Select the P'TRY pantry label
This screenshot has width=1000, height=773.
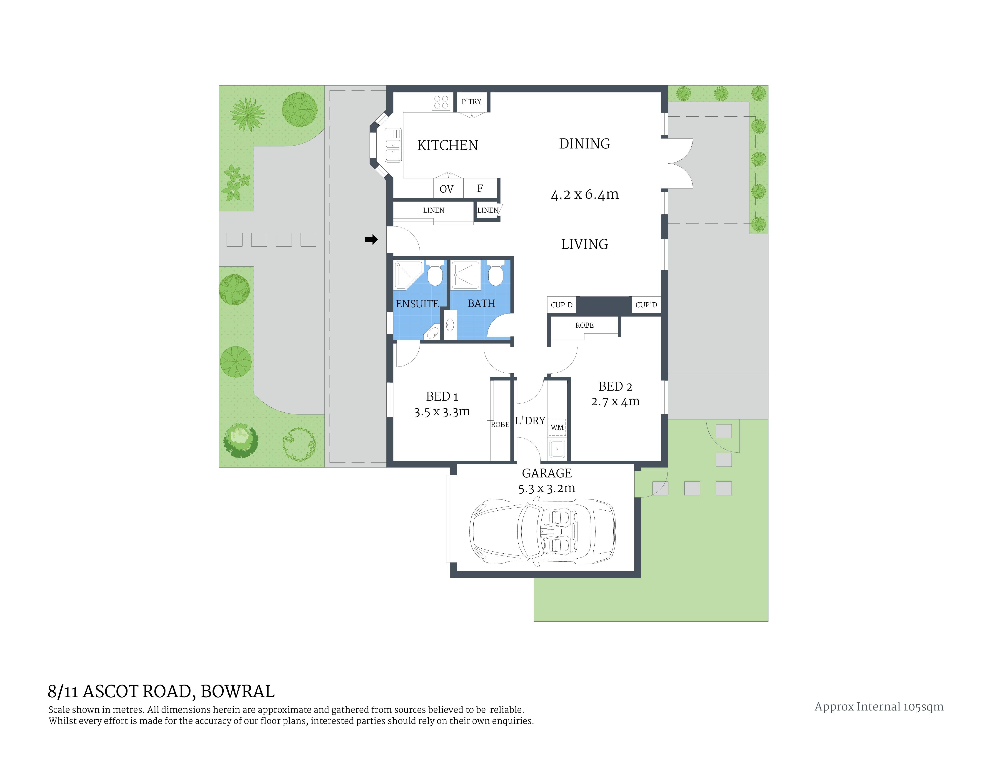coord(471,102)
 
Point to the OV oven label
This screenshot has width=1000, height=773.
coord(446,189)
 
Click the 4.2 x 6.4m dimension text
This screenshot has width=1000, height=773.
coord(585,195)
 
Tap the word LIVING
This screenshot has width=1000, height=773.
coord(585,244)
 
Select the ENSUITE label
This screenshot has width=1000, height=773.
coord(417,304)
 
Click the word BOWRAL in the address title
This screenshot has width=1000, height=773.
coord(238,691)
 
